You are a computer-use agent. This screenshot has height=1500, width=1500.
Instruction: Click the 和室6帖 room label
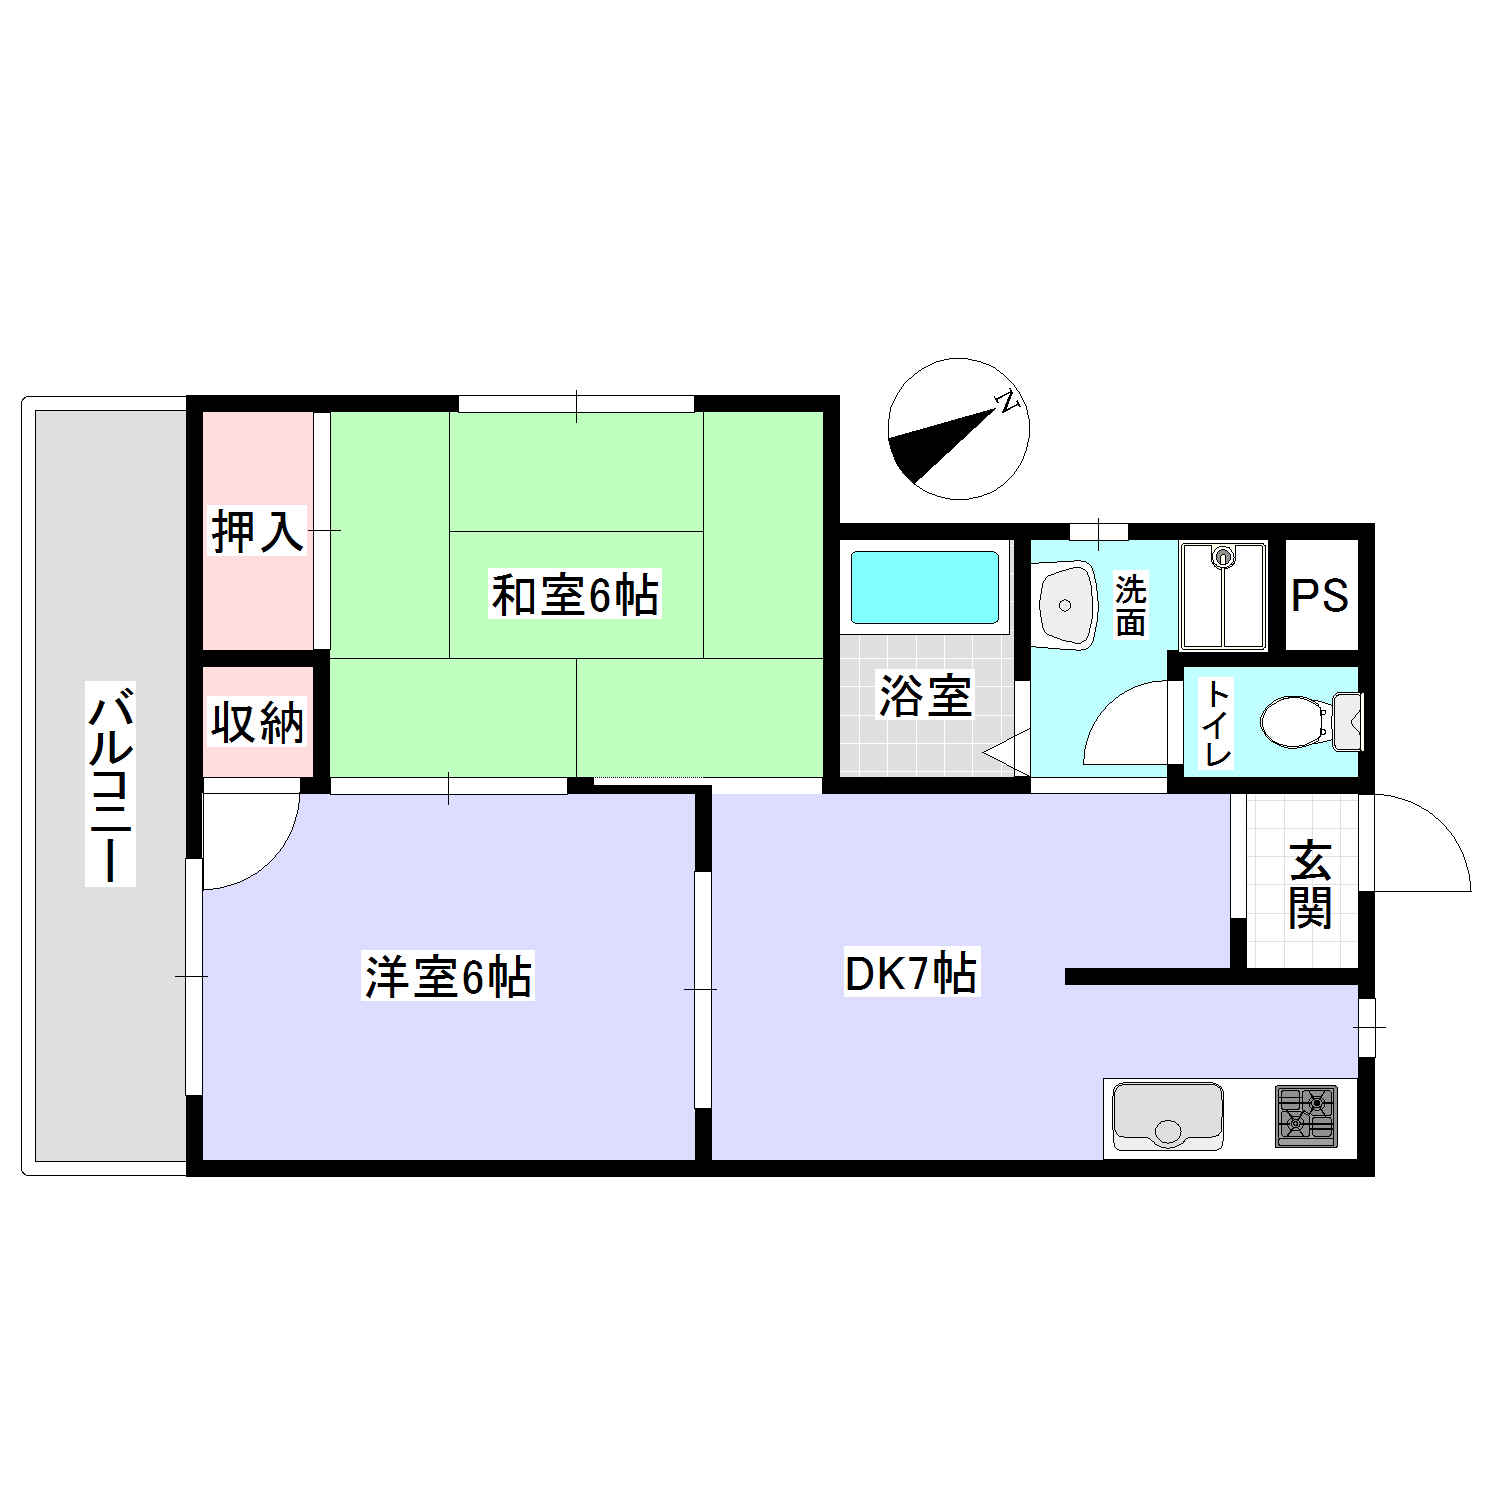click(x=574, y=595)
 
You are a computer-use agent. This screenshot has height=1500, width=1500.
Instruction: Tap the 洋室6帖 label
click(x=447, y=976)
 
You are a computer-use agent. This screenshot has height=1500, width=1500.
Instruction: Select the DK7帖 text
click(x=910, y=973)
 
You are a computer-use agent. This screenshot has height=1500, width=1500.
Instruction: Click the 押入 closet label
click(x=257, y=531)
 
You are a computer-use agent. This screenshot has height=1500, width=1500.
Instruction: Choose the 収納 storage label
click(x=257, y=722)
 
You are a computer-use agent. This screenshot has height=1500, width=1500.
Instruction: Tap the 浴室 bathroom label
click(x=925, y=696)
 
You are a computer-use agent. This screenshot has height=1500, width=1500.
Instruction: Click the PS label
click(x=1320, y=596)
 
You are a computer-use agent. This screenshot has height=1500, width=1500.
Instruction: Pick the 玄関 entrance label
click(x=1310, y=885)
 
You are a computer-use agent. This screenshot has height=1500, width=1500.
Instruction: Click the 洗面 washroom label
click(x=1131, y=606)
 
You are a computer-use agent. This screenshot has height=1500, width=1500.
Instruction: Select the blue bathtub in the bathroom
click(x=924, y=587)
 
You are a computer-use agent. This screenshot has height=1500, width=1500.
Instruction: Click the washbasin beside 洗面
click(x=1066, y=604)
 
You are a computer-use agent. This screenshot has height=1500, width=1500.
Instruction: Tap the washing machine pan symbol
click(x=1223, y=596)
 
